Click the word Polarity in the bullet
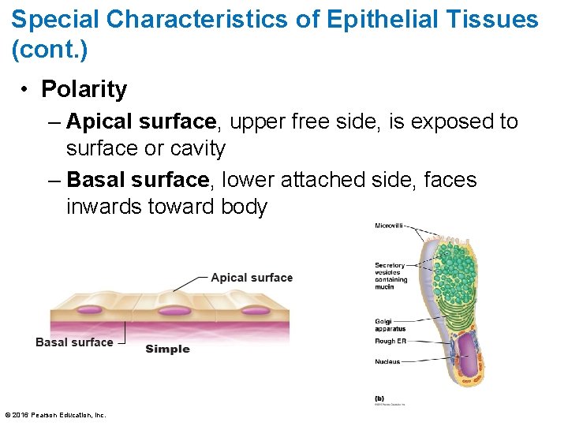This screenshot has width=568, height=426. point(84,90)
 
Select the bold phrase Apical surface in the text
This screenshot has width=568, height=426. point(141,121)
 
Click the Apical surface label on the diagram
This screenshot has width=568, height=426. point(252,278)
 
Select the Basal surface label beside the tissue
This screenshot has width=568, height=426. point(74,342)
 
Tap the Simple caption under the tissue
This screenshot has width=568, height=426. point(167,349)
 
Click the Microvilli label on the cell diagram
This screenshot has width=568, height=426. point(388,226)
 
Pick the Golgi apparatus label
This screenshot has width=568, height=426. point(390,325)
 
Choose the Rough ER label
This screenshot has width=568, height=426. point(390,342)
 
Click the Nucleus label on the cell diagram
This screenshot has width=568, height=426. point(387,362)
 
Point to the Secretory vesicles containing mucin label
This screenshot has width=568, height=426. point(390,276)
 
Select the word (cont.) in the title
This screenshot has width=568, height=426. point(50,50)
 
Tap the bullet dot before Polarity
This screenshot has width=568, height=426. point(25,90)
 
